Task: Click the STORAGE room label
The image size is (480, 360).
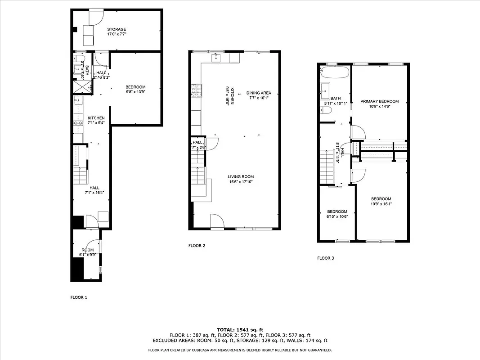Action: tap(117, 29)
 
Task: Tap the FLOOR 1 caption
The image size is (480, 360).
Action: tap(79, 297)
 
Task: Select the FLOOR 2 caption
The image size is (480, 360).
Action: tap(197, 246)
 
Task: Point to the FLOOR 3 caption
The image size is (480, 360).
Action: tap(326, 258)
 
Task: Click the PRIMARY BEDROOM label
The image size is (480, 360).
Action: tap(379, 101)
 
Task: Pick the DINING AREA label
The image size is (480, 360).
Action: tap(259, 93)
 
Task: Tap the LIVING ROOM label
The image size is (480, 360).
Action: tap(241, 177)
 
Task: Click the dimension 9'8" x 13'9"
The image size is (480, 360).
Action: tap(135, 91)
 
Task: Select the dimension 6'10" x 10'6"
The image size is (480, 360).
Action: tap(337, 216)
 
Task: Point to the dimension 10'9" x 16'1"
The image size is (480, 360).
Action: tap(381, 203)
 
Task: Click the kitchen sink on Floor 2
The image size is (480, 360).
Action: tap(217, 58)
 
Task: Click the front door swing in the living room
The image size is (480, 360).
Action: tap(217, 220)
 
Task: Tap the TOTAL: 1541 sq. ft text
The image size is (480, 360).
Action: tap(240, 329)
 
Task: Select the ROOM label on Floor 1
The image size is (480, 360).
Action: tap(87, 250)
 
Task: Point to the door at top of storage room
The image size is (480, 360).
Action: tap(96, 17)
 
